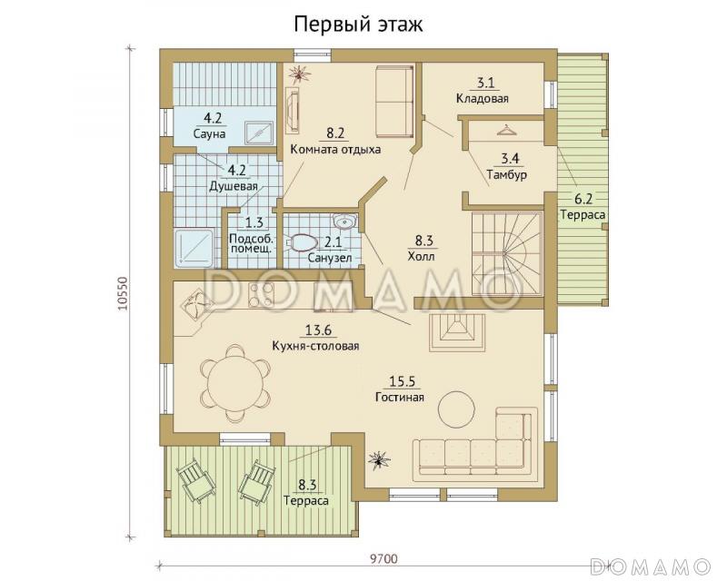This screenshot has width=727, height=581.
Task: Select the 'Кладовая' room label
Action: tap(483, 98)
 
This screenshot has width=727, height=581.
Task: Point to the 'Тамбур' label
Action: tap(507, 174)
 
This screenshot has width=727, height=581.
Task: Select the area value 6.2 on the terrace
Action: tap(583, 199)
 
